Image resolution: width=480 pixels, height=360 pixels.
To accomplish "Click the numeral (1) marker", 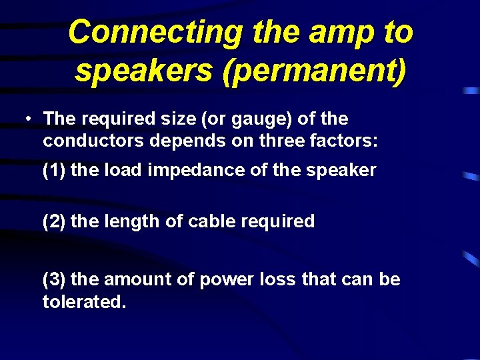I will [54, 171].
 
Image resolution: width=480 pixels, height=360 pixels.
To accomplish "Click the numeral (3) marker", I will [54, 279].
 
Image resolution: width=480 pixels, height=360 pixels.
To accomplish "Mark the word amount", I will [138, 279].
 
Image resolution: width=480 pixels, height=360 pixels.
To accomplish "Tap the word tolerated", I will [84, 301].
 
